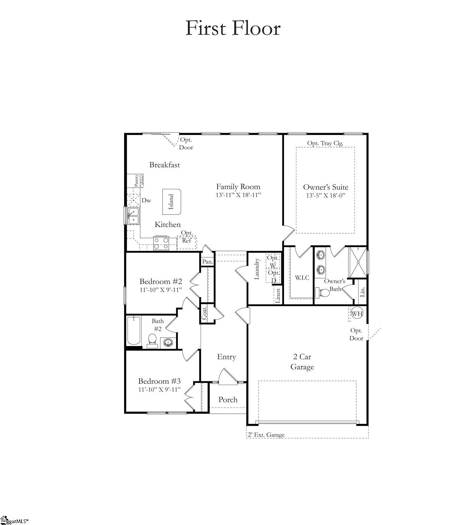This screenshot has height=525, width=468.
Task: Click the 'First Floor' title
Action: coord(233,28)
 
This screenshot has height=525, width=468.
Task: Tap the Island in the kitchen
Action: coord(171,202)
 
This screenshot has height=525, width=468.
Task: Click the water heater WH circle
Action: coord(357,313)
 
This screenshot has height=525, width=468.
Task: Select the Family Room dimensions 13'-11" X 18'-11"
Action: coord(238,195)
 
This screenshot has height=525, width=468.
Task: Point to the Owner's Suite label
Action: coord(325,187)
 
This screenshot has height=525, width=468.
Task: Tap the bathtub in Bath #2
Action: coord(134,330)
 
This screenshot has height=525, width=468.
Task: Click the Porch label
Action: coord(228,400)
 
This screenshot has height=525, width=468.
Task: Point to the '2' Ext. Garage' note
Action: coord(266,435)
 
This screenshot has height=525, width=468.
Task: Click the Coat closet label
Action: coord(204,314)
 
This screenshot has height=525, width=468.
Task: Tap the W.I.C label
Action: coord(302,277)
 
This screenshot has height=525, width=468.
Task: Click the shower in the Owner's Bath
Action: coord(358,262)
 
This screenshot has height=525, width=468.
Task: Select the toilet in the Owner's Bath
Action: coord(323,293)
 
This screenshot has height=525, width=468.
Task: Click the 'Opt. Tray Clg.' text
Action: coord(325,143)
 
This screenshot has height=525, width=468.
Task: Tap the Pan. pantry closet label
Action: coord(207,262)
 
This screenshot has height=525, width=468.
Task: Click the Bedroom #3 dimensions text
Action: coord(159,389)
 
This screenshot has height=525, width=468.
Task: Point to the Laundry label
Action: coord(257,269)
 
